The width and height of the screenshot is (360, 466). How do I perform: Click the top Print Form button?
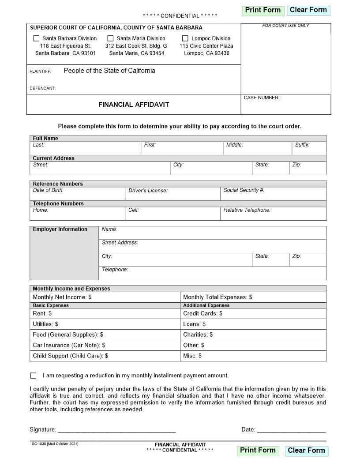coord(263,10)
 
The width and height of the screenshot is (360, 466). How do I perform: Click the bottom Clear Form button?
coord(306,451)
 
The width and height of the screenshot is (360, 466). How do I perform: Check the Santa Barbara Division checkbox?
coord(37,38)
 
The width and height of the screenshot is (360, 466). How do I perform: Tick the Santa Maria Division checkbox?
coord(110,38)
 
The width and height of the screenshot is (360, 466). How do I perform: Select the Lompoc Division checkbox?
coord(185,38)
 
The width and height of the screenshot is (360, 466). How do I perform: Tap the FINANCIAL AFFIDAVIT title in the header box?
coord(134,105)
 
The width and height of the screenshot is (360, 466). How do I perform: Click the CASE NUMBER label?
coord(262,98)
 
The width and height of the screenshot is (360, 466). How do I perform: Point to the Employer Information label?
coord(60,229)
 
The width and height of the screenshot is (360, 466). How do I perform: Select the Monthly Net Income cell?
coord(105,297)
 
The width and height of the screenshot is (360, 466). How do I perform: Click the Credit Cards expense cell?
coord(253,314)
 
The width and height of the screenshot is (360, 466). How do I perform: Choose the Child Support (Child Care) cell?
coord(105,356)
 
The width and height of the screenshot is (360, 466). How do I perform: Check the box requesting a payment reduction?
coord(34,376)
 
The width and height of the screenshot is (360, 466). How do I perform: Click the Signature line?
coord(116,429)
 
